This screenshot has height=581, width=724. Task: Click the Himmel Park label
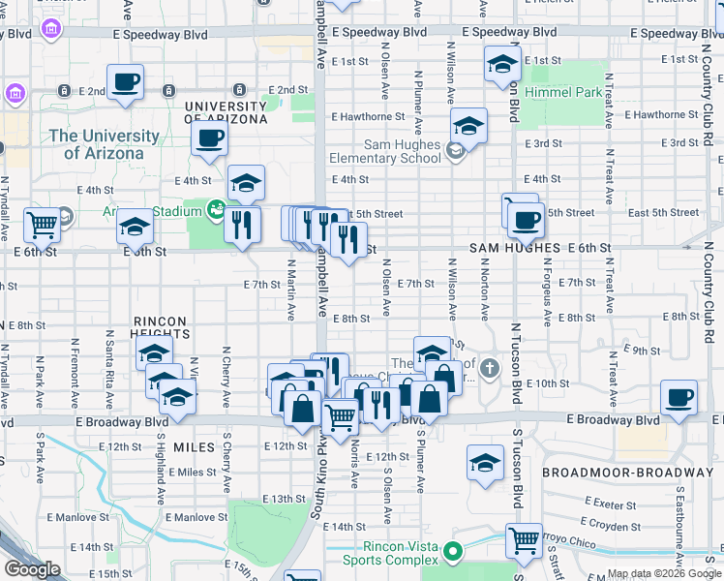[562, 91]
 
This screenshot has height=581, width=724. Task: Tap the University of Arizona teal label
[104, 145]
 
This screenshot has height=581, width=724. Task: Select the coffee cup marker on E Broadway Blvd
[679, 396]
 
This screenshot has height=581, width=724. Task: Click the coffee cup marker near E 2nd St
[125, 81]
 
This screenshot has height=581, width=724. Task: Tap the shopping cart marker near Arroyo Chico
[524, 540]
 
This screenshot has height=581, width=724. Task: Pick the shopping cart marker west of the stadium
[42, 226]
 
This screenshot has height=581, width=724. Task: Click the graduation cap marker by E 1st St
[501, 65]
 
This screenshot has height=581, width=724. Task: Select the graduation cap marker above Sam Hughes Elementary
[468, 125]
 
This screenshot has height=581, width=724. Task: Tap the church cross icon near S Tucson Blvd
[491, 367]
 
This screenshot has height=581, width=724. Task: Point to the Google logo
[32, 569]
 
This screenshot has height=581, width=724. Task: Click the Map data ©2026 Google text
[663, 573]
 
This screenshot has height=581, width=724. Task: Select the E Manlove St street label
[196, 517]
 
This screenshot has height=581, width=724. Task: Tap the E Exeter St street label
[617, 504]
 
